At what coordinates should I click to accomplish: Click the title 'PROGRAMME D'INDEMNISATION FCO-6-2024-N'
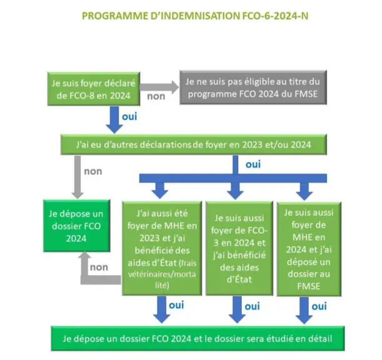[x=195, y=16]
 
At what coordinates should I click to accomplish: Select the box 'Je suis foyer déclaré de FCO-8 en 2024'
[x=94, y=89]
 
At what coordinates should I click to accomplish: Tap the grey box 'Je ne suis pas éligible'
[x=253, y=87]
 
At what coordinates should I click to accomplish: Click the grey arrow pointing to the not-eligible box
[x=159, y=87]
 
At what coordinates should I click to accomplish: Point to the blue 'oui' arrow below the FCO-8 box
[x=114, y=119]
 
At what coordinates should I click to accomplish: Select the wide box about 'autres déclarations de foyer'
[x=194, y=144]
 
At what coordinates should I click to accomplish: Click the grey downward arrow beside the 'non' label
[x=78, y=177]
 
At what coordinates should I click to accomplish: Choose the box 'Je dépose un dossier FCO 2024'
[x=76, y=226]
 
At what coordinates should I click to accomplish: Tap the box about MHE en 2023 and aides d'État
[x=162, y=249]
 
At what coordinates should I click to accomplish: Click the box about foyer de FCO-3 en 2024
[x=239, y=249]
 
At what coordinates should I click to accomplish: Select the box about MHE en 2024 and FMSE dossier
[x=309, y=249]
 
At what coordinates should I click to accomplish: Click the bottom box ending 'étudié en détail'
[x=198, y=339]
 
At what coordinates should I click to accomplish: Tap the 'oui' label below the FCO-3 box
[x=252, y=306]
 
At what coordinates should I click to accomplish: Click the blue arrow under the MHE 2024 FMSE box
[x=304, y=310]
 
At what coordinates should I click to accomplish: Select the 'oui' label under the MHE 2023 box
[x=176, y=305]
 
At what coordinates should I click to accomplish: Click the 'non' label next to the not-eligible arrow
[x=156, y=96]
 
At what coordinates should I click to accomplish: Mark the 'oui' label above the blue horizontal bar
[x=253, y=164]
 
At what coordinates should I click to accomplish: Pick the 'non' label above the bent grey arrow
[x=99, y=267]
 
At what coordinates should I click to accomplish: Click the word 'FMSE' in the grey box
[x=306, y=94]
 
